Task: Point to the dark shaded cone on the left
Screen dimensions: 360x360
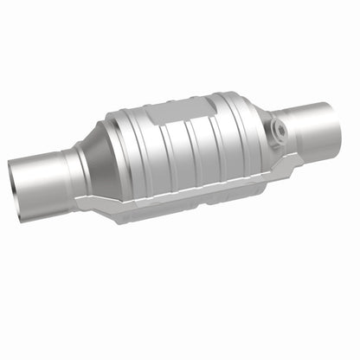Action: tap(101, 168)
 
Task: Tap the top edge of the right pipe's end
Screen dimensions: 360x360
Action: tap(327, 103)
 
